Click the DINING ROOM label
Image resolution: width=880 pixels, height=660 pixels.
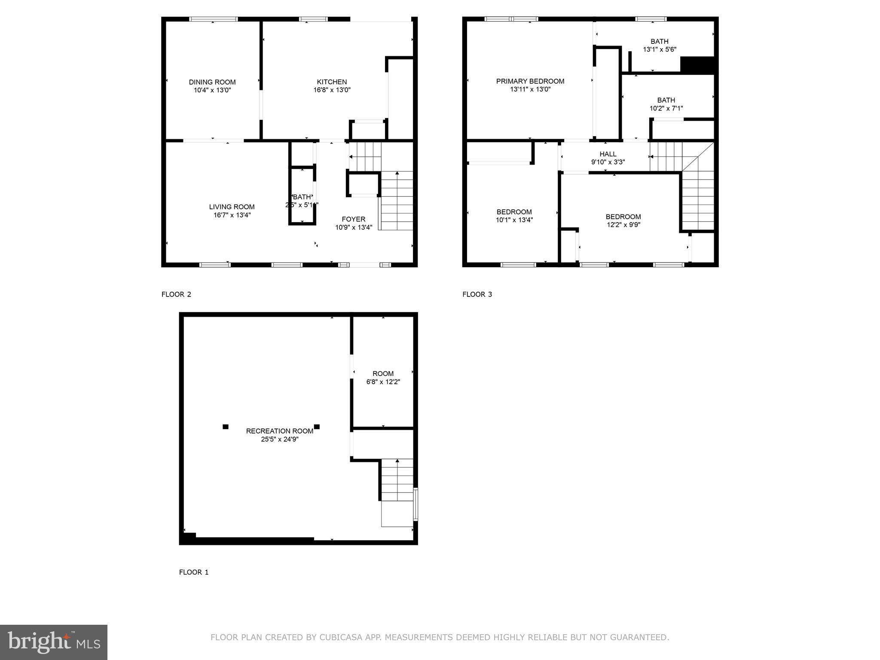(x=212, y=82)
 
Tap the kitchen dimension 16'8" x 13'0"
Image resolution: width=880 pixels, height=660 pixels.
(x=332, y=90)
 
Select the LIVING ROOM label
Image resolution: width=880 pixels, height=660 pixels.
(x=232, y=207)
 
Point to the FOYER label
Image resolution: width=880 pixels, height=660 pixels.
(x=354, y=219)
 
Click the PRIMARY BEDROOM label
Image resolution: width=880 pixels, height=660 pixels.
(x=530, y=81)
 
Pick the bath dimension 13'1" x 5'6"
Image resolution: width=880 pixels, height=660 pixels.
(x=659, y=49)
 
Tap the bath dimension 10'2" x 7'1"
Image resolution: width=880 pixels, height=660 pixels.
(x=666, y=109)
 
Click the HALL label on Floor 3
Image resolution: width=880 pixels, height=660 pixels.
(x=608, y=154)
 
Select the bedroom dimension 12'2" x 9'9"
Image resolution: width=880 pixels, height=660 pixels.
(x=623, y=225)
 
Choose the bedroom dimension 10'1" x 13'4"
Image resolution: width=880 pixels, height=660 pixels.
(x=514, y=220)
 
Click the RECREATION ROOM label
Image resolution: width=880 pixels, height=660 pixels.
(x=279, y=431)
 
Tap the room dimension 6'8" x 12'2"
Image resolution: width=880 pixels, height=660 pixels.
(x=383, y=382)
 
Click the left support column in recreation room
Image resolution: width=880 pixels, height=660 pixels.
(x=226, y=427)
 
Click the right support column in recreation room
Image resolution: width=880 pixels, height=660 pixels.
(x=317, y=427)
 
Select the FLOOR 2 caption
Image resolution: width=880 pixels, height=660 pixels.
(x=176, y=294)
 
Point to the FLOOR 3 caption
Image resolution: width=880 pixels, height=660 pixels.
(x=477, y=294)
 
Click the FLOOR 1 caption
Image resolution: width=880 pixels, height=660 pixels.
(x=194, y=572)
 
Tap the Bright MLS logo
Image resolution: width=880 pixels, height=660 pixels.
(x=54, y=642)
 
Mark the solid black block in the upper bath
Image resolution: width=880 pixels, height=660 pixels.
(x=698, y=64)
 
